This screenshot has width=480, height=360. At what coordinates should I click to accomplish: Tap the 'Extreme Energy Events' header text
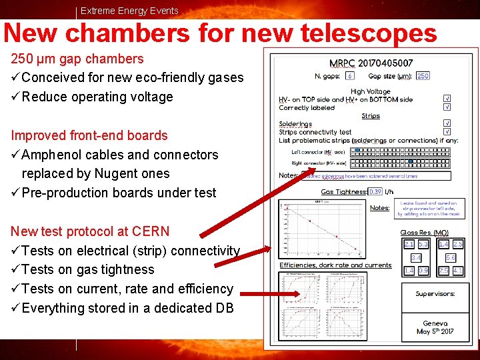click(x=129, y=10)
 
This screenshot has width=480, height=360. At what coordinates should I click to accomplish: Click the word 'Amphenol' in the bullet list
click(x=49, y=155)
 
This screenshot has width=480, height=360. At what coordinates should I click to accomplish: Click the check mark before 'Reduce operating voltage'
click(x=15, y=97)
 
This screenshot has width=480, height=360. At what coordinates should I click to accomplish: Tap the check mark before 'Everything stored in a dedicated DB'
click(x=15, y=308)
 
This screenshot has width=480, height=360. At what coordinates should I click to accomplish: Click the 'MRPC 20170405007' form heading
click(x=371, y=63)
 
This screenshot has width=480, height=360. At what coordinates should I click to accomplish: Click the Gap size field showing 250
click(x=423, y=76)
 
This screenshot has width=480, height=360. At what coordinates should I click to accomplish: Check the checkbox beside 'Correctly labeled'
click(x=447, y=106)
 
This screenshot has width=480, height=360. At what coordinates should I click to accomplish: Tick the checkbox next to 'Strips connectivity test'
click(x=447, y=131)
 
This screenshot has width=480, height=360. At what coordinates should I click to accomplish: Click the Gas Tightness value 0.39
click(x=375, y=191)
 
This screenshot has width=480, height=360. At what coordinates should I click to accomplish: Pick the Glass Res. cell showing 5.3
click(x=423, y=245)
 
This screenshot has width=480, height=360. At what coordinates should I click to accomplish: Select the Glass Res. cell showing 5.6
click(x=451, y=257)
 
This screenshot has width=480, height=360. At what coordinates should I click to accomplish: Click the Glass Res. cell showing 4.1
click(x=458, y=271)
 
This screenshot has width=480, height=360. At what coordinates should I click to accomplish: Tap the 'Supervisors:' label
click(x=435, y=293)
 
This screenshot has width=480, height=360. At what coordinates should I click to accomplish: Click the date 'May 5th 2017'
click(x=435, y=331)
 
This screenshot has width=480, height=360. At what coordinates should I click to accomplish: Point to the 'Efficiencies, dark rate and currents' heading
click(x=335, y=265)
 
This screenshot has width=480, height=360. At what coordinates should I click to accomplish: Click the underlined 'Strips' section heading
click(x=371, y=115)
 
